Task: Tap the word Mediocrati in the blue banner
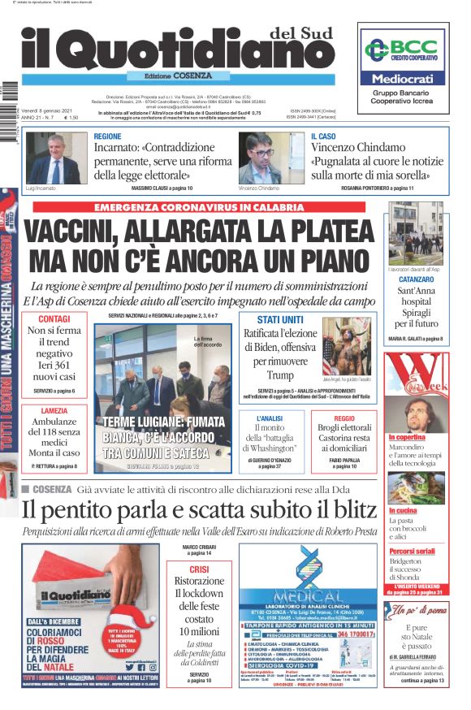coord(403,79)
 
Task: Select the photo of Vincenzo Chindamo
coord(271,159)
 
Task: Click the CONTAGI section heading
coord(54,318)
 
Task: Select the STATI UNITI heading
coord(280,319)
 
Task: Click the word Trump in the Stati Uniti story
coord(280,374)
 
